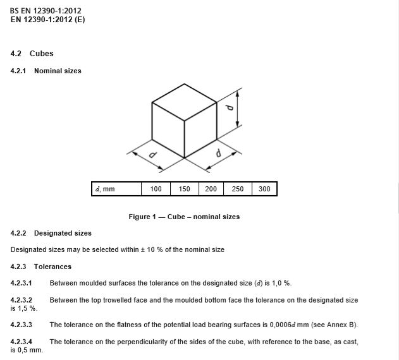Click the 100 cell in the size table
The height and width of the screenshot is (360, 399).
(156, 189)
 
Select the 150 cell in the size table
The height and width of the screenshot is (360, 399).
(184, 189)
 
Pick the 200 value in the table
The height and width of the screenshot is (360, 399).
(211, 189)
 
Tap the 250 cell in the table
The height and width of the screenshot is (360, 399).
(238, 189)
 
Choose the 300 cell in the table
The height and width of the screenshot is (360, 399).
(264, 189)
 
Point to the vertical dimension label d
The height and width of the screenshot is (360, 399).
(231, 108)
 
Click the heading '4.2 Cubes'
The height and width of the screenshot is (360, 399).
(32, 54)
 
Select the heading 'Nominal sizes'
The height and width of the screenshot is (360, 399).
(58, 71)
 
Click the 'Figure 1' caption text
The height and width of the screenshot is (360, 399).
(184, 217)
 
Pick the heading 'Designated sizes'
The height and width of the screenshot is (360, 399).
(63, 233)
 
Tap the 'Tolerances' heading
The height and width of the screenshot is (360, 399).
(52, 267)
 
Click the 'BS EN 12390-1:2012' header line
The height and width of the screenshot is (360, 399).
(46, 11)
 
